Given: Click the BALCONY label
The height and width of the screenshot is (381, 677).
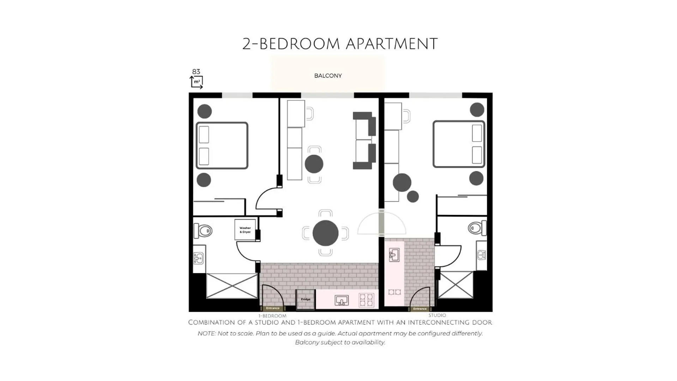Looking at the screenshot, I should click(328, 75).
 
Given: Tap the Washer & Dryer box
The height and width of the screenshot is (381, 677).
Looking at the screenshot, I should click(245, 230).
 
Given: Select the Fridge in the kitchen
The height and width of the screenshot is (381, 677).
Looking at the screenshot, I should click(306, 300).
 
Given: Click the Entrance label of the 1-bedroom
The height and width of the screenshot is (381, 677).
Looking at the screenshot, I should click(273, 308).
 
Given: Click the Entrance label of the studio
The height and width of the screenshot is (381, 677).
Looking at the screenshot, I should click(420, 309).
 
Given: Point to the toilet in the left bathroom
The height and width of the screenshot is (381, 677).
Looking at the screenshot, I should click(203, 231).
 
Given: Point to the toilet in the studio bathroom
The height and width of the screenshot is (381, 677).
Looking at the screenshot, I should click(477, 228).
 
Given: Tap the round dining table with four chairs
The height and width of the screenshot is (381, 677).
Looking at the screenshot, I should click(325, 233).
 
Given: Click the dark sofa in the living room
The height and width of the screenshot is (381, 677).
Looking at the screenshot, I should click(364, 140).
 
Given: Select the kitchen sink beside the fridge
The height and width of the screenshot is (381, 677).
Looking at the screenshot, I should click(341, 301).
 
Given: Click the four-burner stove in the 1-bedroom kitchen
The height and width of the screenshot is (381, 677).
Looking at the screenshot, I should click(366, 300).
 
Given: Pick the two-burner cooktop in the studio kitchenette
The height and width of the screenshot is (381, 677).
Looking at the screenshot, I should click(394, 292).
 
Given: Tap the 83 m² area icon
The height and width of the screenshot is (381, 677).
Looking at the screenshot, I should click(196, 79).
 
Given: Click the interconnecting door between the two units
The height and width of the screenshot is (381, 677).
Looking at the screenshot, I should click(381, 223).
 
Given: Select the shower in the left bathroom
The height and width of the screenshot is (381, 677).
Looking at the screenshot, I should click(232, 286).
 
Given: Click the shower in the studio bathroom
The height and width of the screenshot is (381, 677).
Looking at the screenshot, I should click(455, 285).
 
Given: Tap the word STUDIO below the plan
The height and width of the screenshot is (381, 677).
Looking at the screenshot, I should click(437, 315).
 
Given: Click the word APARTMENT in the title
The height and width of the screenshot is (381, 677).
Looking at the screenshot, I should click(392, 44).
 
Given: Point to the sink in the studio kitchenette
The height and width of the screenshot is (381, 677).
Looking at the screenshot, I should click(394, 255).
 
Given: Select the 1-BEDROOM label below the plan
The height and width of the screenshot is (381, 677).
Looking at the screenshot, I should click(272, 316).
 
